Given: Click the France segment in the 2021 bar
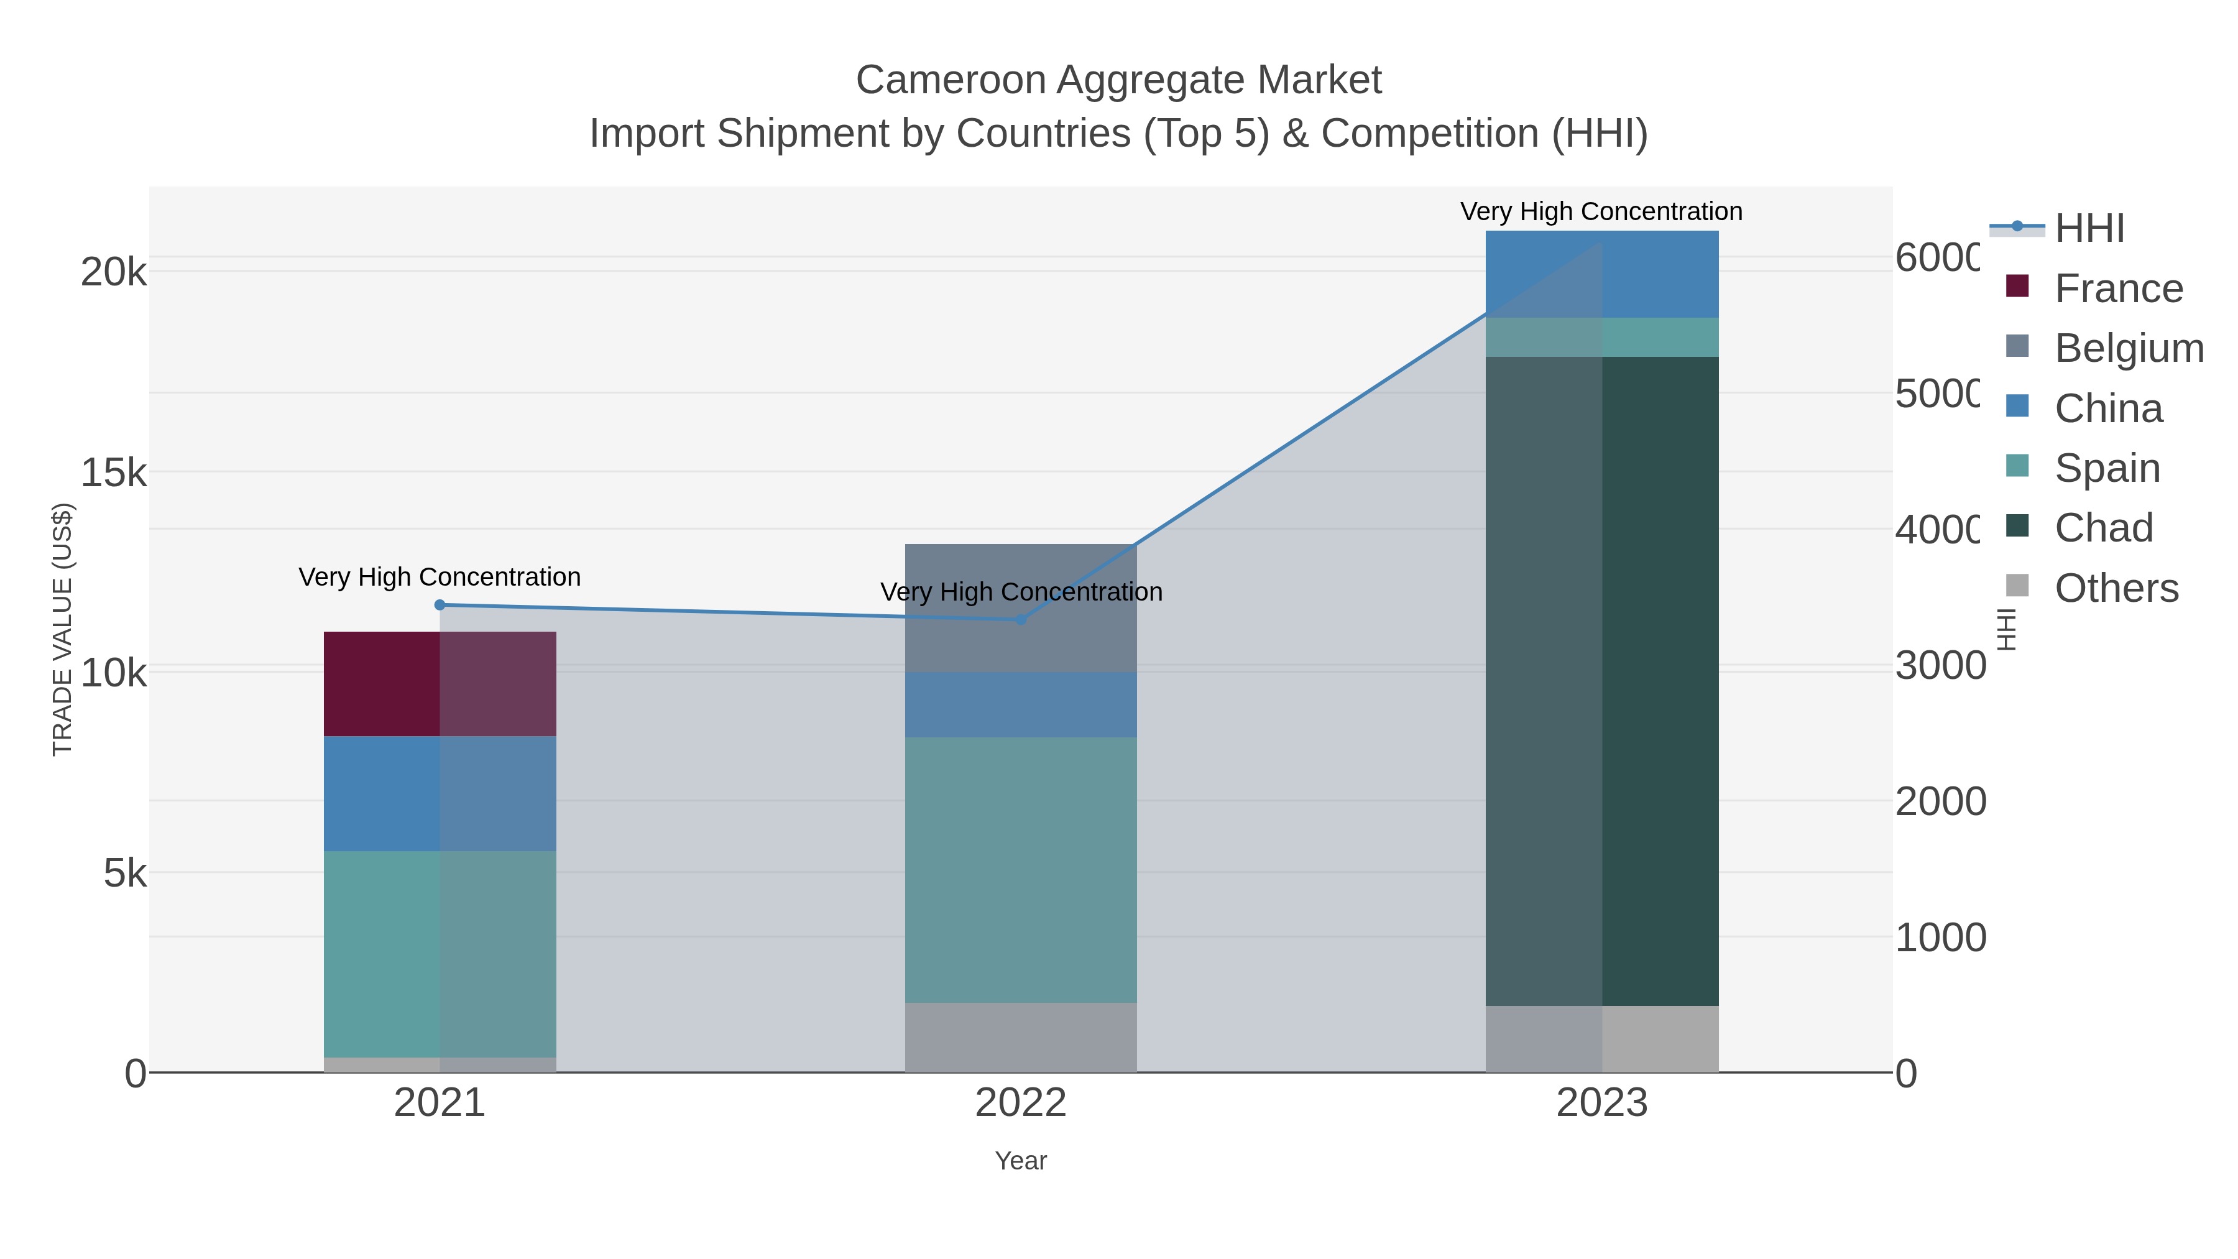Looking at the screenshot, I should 439,684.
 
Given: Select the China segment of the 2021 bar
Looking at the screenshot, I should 439,793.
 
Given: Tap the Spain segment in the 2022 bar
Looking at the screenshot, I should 1020,870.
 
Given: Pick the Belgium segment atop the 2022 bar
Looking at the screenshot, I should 1020,607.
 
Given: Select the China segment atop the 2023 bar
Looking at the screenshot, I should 1601,274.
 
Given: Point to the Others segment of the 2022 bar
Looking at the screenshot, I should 1020,1038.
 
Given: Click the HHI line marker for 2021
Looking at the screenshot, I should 440,605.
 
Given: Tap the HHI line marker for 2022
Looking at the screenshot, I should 1021,619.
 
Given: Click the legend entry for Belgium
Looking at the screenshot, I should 2129,348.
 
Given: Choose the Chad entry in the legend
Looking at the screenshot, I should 2102,527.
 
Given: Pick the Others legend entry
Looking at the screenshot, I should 2116,588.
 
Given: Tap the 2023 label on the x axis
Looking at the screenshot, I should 1601,1102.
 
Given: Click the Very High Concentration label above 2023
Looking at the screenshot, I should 1601,211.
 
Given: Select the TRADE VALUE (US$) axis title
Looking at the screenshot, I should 63,629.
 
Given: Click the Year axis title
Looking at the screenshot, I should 1020,1161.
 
